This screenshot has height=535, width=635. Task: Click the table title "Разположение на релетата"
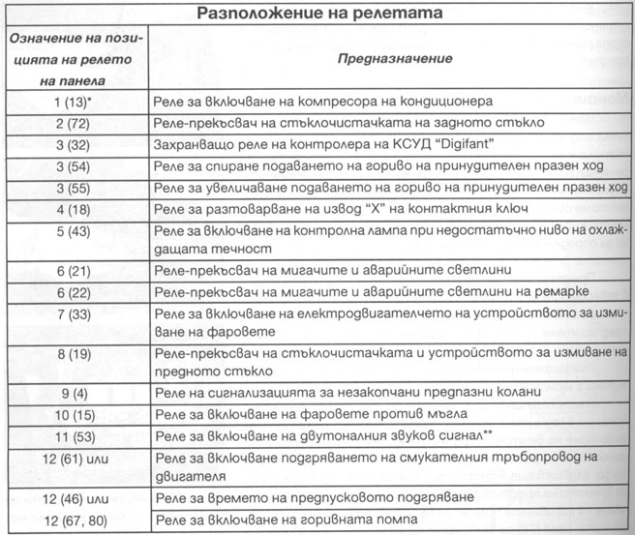tap(319, 14)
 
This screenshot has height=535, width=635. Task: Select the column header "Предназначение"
tap(394, 58)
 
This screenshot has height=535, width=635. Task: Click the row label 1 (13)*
tap(75, 101)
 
